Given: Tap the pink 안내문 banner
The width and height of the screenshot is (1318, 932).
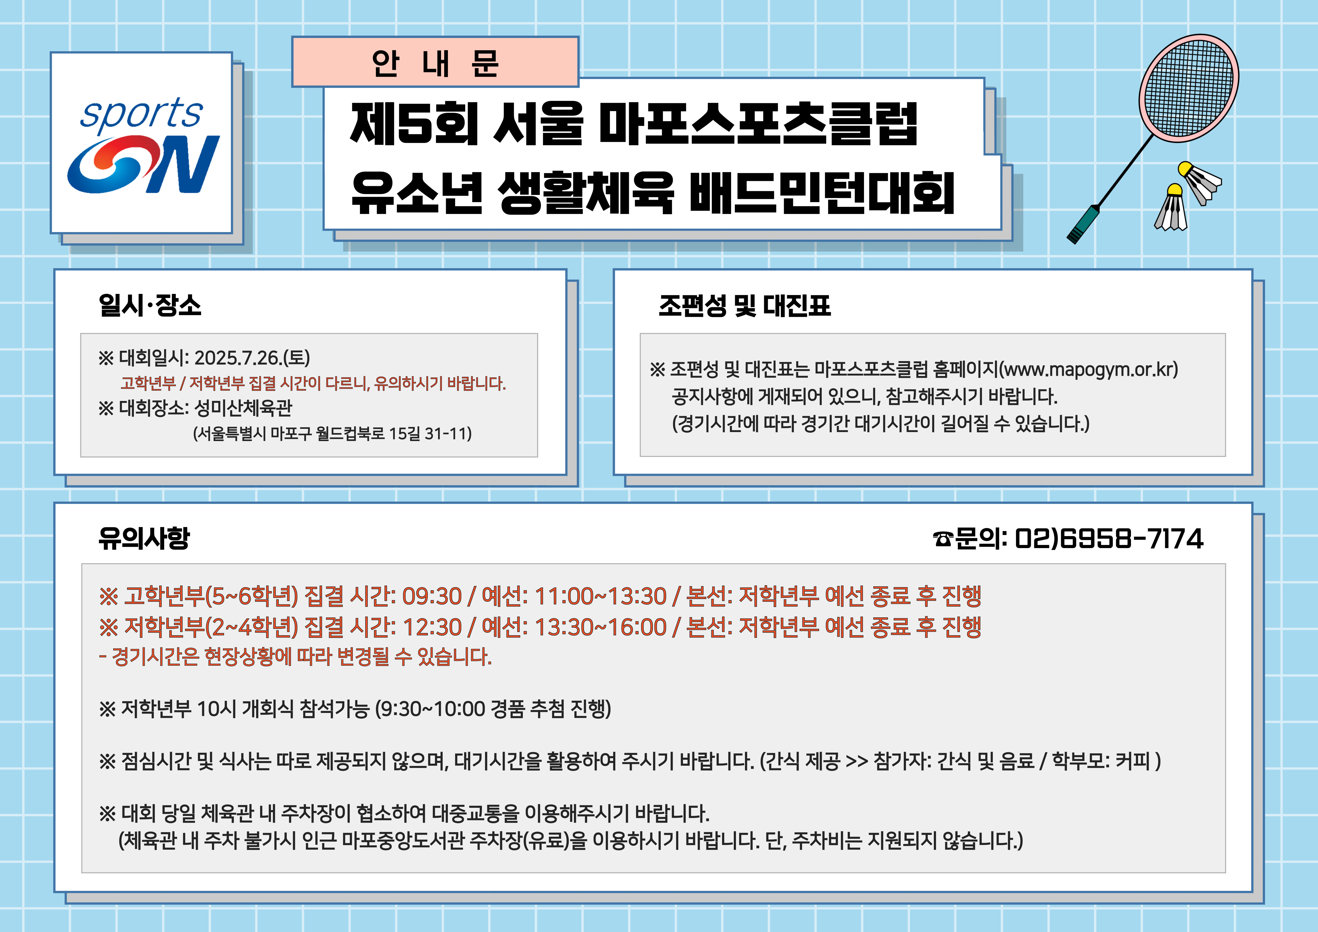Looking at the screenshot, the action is click(435, 62).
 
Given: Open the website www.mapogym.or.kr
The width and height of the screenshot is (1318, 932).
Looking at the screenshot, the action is click(1088, 369).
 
